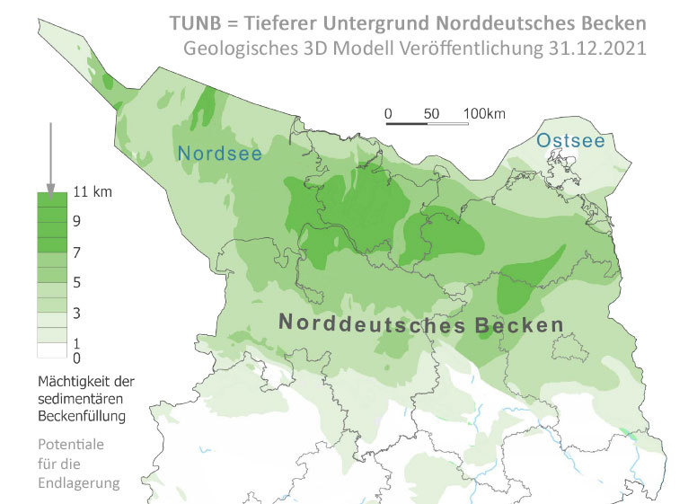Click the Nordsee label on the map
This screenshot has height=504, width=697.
tap(220, 154)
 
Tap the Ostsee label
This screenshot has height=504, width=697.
tap(570, 141)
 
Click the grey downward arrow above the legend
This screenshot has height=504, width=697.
tap(51, 156)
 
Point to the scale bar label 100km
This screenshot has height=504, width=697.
tap(485, 114)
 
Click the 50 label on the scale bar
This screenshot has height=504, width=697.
tap(431, 114)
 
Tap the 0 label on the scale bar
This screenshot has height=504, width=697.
tap(388, 114)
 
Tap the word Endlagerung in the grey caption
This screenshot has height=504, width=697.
tap(79, 482)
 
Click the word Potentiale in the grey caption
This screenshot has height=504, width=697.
tap(69, 445)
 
